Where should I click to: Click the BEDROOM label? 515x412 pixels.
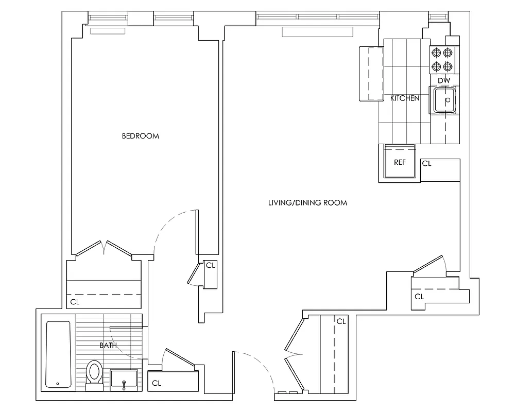(140, 136)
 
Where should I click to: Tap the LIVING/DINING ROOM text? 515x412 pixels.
(307, 203)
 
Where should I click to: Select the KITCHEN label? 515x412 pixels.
(405, 98)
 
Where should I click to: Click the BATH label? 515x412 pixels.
(108, 346)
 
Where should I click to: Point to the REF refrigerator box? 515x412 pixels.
(400, 162)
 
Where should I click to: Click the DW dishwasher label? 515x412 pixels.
(444, 81)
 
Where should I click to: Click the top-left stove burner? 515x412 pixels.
(437, 52)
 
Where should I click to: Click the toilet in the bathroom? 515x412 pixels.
(94, 372)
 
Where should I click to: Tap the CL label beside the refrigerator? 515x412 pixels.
(426, 163)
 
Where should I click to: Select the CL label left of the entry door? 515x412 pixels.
(157, 383)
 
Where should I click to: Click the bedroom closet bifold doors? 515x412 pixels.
(105, 248)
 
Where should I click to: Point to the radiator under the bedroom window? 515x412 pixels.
(108, 31)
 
